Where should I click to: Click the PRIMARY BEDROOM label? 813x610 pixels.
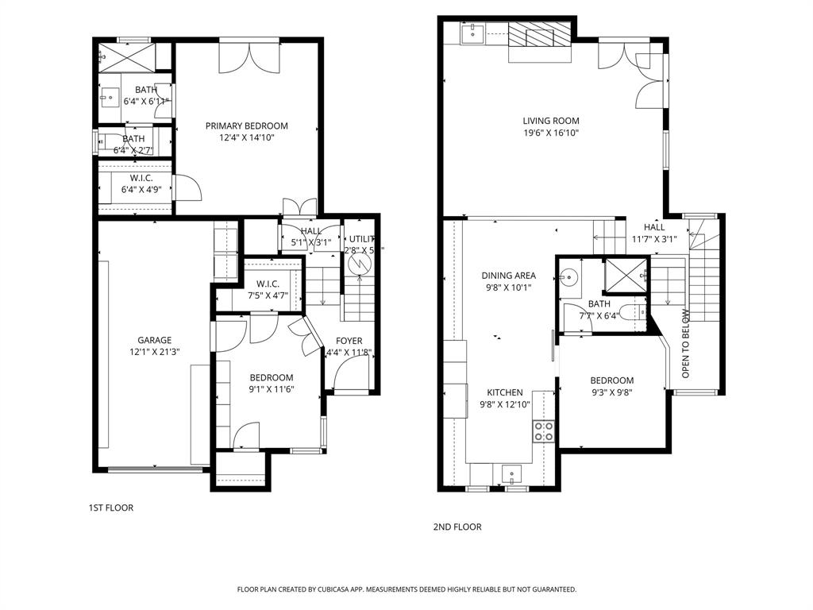click(x=246, y=125)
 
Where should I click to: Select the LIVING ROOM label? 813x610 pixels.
click(x=550, y=121)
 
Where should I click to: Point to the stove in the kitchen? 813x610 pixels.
click(x=544, y=431)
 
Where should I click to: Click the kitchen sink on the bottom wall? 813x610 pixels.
click(x=512, y=474)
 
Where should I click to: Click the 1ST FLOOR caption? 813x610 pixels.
click(x=110, y=508)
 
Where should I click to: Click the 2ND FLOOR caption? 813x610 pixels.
click(x=457, y=527)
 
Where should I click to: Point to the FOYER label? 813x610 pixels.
click(x=349, y=341)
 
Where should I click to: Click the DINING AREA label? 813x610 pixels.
click(x=508, y=276)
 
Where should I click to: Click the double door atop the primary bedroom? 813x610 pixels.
click(x=250, y=56)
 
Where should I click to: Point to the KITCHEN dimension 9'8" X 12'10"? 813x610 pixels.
click(x=504, y=404)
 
